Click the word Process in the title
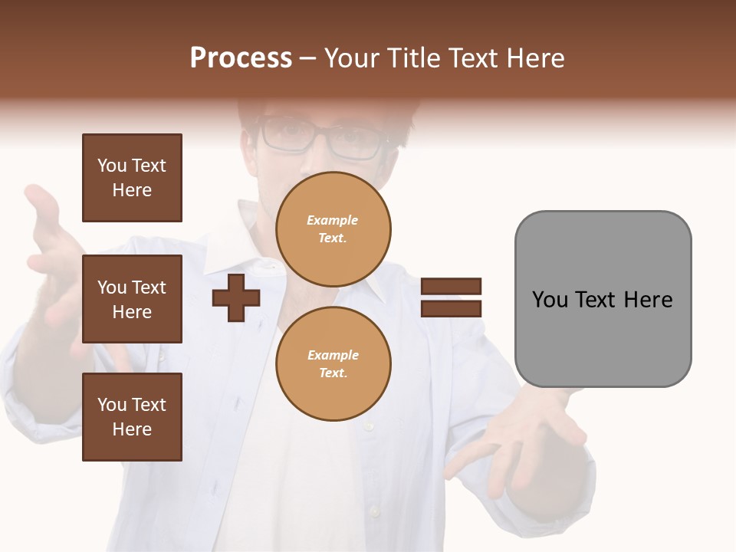241,58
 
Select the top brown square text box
132,178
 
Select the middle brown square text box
132,299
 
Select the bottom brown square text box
132,417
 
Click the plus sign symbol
236,297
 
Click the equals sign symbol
451,297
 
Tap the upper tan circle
333,229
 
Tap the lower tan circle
333,364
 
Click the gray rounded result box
603,299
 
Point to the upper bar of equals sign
451,286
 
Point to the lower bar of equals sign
451,309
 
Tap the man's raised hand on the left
50,245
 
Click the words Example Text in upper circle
333,229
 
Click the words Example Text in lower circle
333,364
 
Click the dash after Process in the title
308,58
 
